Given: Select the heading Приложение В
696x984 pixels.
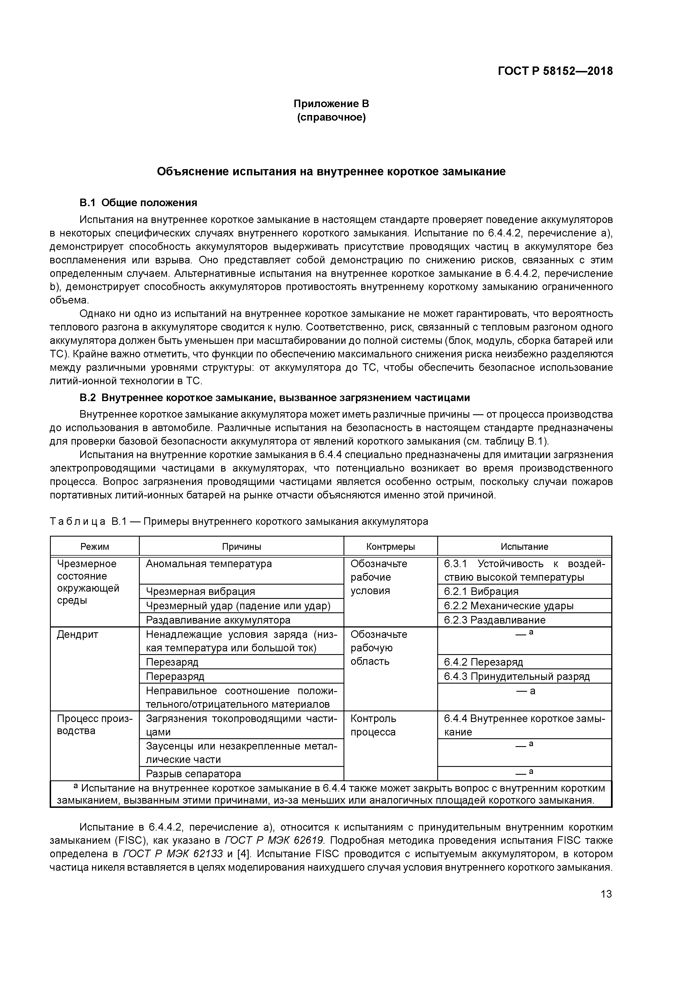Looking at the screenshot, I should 331,104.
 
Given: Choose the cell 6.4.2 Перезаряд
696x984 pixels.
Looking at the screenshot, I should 483,662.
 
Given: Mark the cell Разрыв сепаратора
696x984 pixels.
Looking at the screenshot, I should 193,774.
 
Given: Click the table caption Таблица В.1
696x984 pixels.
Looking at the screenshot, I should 239,521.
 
